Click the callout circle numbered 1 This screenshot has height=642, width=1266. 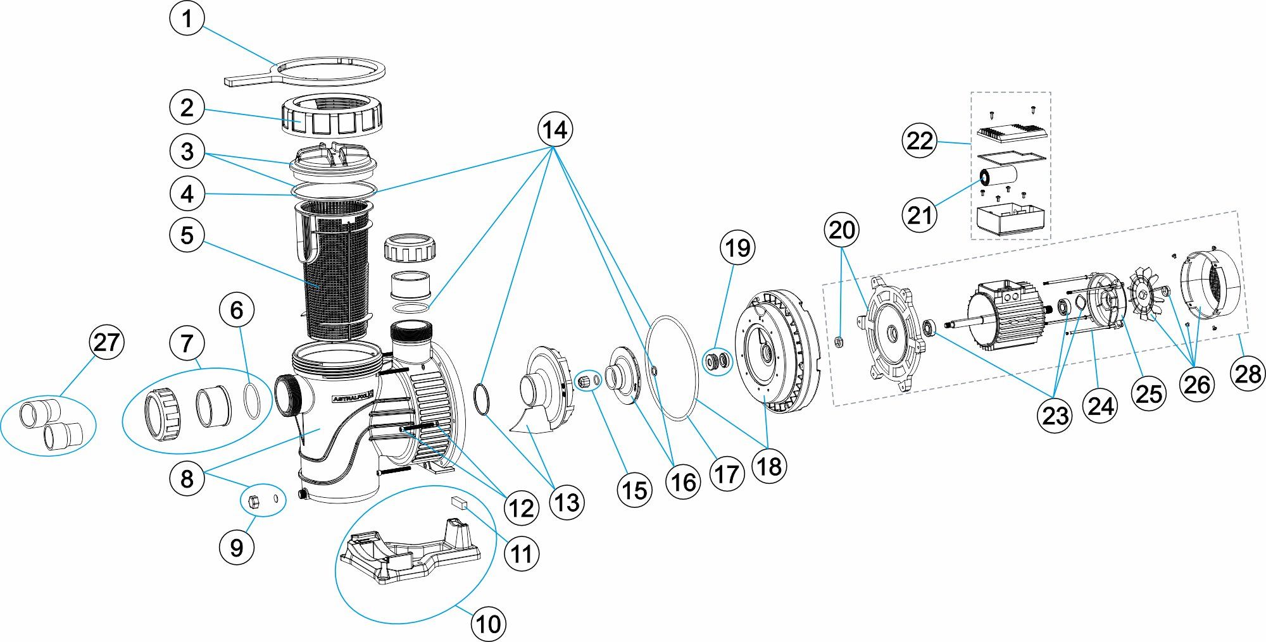coord(187,19)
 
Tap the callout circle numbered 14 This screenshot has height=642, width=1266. coord(555,130)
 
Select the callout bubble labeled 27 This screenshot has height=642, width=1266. coord(106,342)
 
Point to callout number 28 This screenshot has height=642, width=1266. coord(1248,374)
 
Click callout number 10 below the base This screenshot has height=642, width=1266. coord(489,624)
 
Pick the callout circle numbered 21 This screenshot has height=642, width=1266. coord(919,215)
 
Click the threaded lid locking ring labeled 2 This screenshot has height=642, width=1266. coord(330,118)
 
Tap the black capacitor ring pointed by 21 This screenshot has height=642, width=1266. coord(986,178)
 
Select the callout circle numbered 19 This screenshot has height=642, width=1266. coord(737,248)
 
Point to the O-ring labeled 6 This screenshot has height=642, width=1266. coord(251,401)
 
